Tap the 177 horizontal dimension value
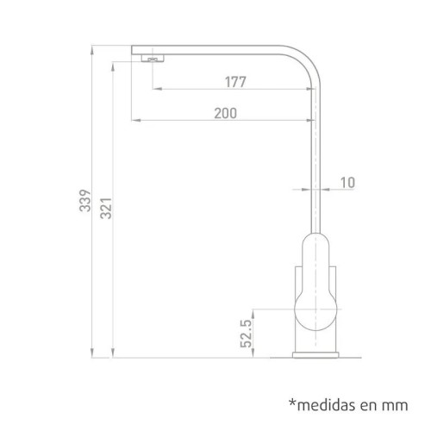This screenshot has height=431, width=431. pyautogui.click(x=234, y=83)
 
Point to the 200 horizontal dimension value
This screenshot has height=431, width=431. pyautogui.click(x=227, y=113)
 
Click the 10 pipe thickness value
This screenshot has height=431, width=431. pyautogui.click(x=347, y=182)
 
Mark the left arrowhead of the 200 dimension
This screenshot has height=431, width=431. pyautogui.click(x=134, y=119)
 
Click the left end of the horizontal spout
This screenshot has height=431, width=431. pyautogui.click(x=134, y=52)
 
